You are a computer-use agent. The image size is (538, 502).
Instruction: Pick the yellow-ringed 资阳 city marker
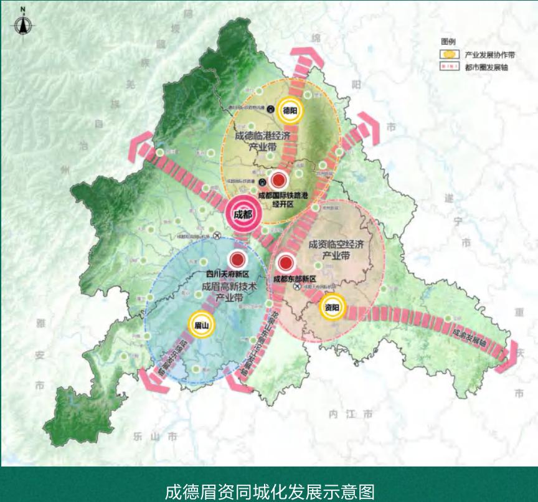tap(332, 307)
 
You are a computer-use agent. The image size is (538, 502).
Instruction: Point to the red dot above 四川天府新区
tap(237, 260)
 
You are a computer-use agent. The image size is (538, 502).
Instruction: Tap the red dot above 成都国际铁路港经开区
tap(278, 181)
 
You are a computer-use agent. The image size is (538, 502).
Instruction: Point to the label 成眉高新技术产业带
tap(229, 293)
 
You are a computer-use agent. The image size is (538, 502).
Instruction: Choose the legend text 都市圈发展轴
tap(483, 66)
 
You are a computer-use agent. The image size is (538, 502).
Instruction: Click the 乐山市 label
tap(155, 437)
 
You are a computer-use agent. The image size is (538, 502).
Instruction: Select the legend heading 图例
tap(448, 41)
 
